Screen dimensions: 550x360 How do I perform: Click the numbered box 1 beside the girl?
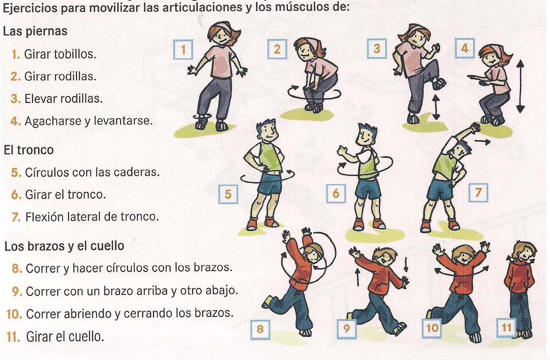(x=183, y=50)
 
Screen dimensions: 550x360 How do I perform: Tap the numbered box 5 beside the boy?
(x=228, y=194)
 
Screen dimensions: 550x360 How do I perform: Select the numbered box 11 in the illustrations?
(x=506, y=327)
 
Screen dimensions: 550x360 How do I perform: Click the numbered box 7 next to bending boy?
(x=478, y=193)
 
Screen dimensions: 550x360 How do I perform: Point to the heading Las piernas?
(x=35, y=31)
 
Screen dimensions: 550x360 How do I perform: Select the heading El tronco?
(x=29, y=150)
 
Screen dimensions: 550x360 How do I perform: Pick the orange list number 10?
(x=14, y=314)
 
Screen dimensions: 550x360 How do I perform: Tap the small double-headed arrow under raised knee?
(x=436, y=107)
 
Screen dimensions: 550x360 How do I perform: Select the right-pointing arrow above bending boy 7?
(x=482, y=142)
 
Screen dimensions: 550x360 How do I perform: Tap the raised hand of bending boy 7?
(x=475, y=128)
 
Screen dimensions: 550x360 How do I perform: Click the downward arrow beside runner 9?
(x=405, y=264)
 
